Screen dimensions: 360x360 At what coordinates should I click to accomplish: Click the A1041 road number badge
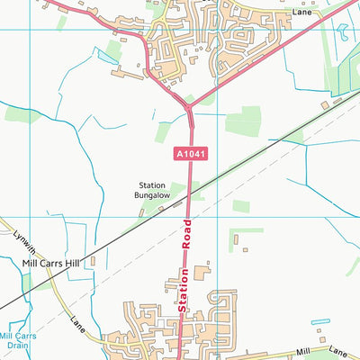188,155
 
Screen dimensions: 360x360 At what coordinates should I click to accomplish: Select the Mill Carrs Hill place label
50,264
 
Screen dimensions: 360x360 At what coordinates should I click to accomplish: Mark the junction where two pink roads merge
188,106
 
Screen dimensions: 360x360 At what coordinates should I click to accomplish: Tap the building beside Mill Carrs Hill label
93,261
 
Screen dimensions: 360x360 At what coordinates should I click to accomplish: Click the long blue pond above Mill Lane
320,321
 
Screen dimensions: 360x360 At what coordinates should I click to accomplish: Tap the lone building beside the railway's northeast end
337,103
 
